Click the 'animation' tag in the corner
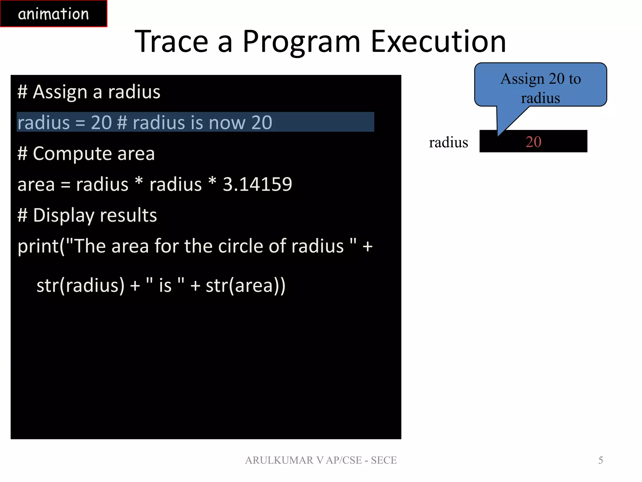coord(53,14)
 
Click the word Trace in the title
coord(171,41)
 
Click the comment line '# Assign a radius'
coord(89,92)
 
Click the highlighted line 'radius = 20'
coord(144,122)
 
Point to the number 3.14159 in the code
coord(257,184)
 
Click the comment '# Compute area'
coord(86,154)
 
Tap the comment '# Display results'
coord(87,216)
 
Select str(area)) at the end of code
coord(245,286)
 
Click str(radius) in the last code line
coord(81,286)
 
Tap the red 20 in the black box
coord(533,142)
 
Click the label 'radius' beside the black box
coord(448,142)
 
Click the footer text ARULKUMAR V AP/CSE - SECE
coord(321,460)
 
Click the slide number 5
coord(600,460)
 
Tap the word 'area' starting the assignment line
coord(36,185)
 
